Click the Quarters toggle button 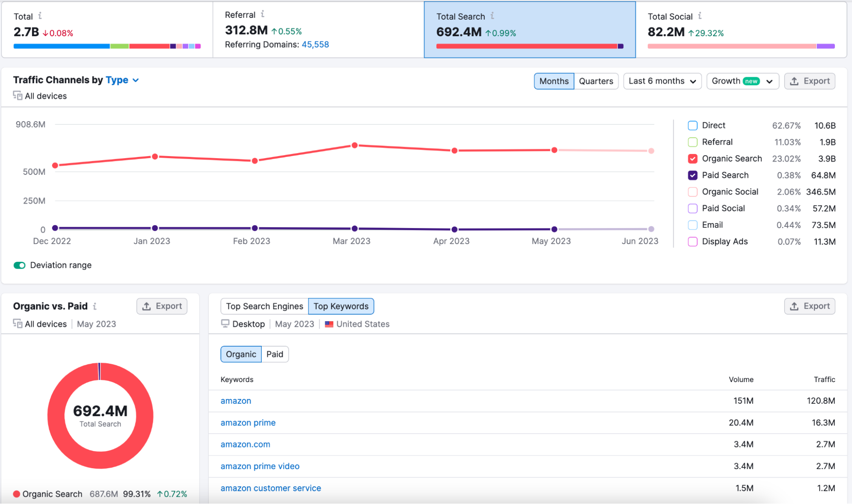(x=596, y=81)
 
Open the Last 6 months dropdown (x=662, y=81)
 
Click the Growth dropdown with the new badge (x=742, y=81)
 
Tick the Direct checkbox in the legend (x=693, y=125)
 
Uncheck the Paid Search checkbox (x=693, y=175)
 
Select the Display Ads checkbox (x=693, y=242)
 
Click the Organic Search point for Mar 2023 (x=355, y=145)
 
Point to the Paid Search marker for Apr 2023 (x=454, y=229)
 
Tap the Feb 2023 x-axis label (x=251, y=241)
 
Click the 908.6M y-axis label (x=31, y=125)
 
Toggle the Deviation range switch (x=20, y=265)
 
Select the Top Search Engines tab (x=264, y=306)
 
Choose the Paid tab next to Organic (x=274, y=354)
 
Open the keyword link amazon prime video (x=260, y=466)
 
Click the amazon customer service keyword (x=271, y=488)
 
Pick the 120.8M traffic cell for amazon (x=821, y=401)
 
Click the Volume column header (x=741, y=379)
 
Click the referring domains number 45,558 (x=315, y=44)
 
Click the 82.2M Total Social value (x=666, y=32)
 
